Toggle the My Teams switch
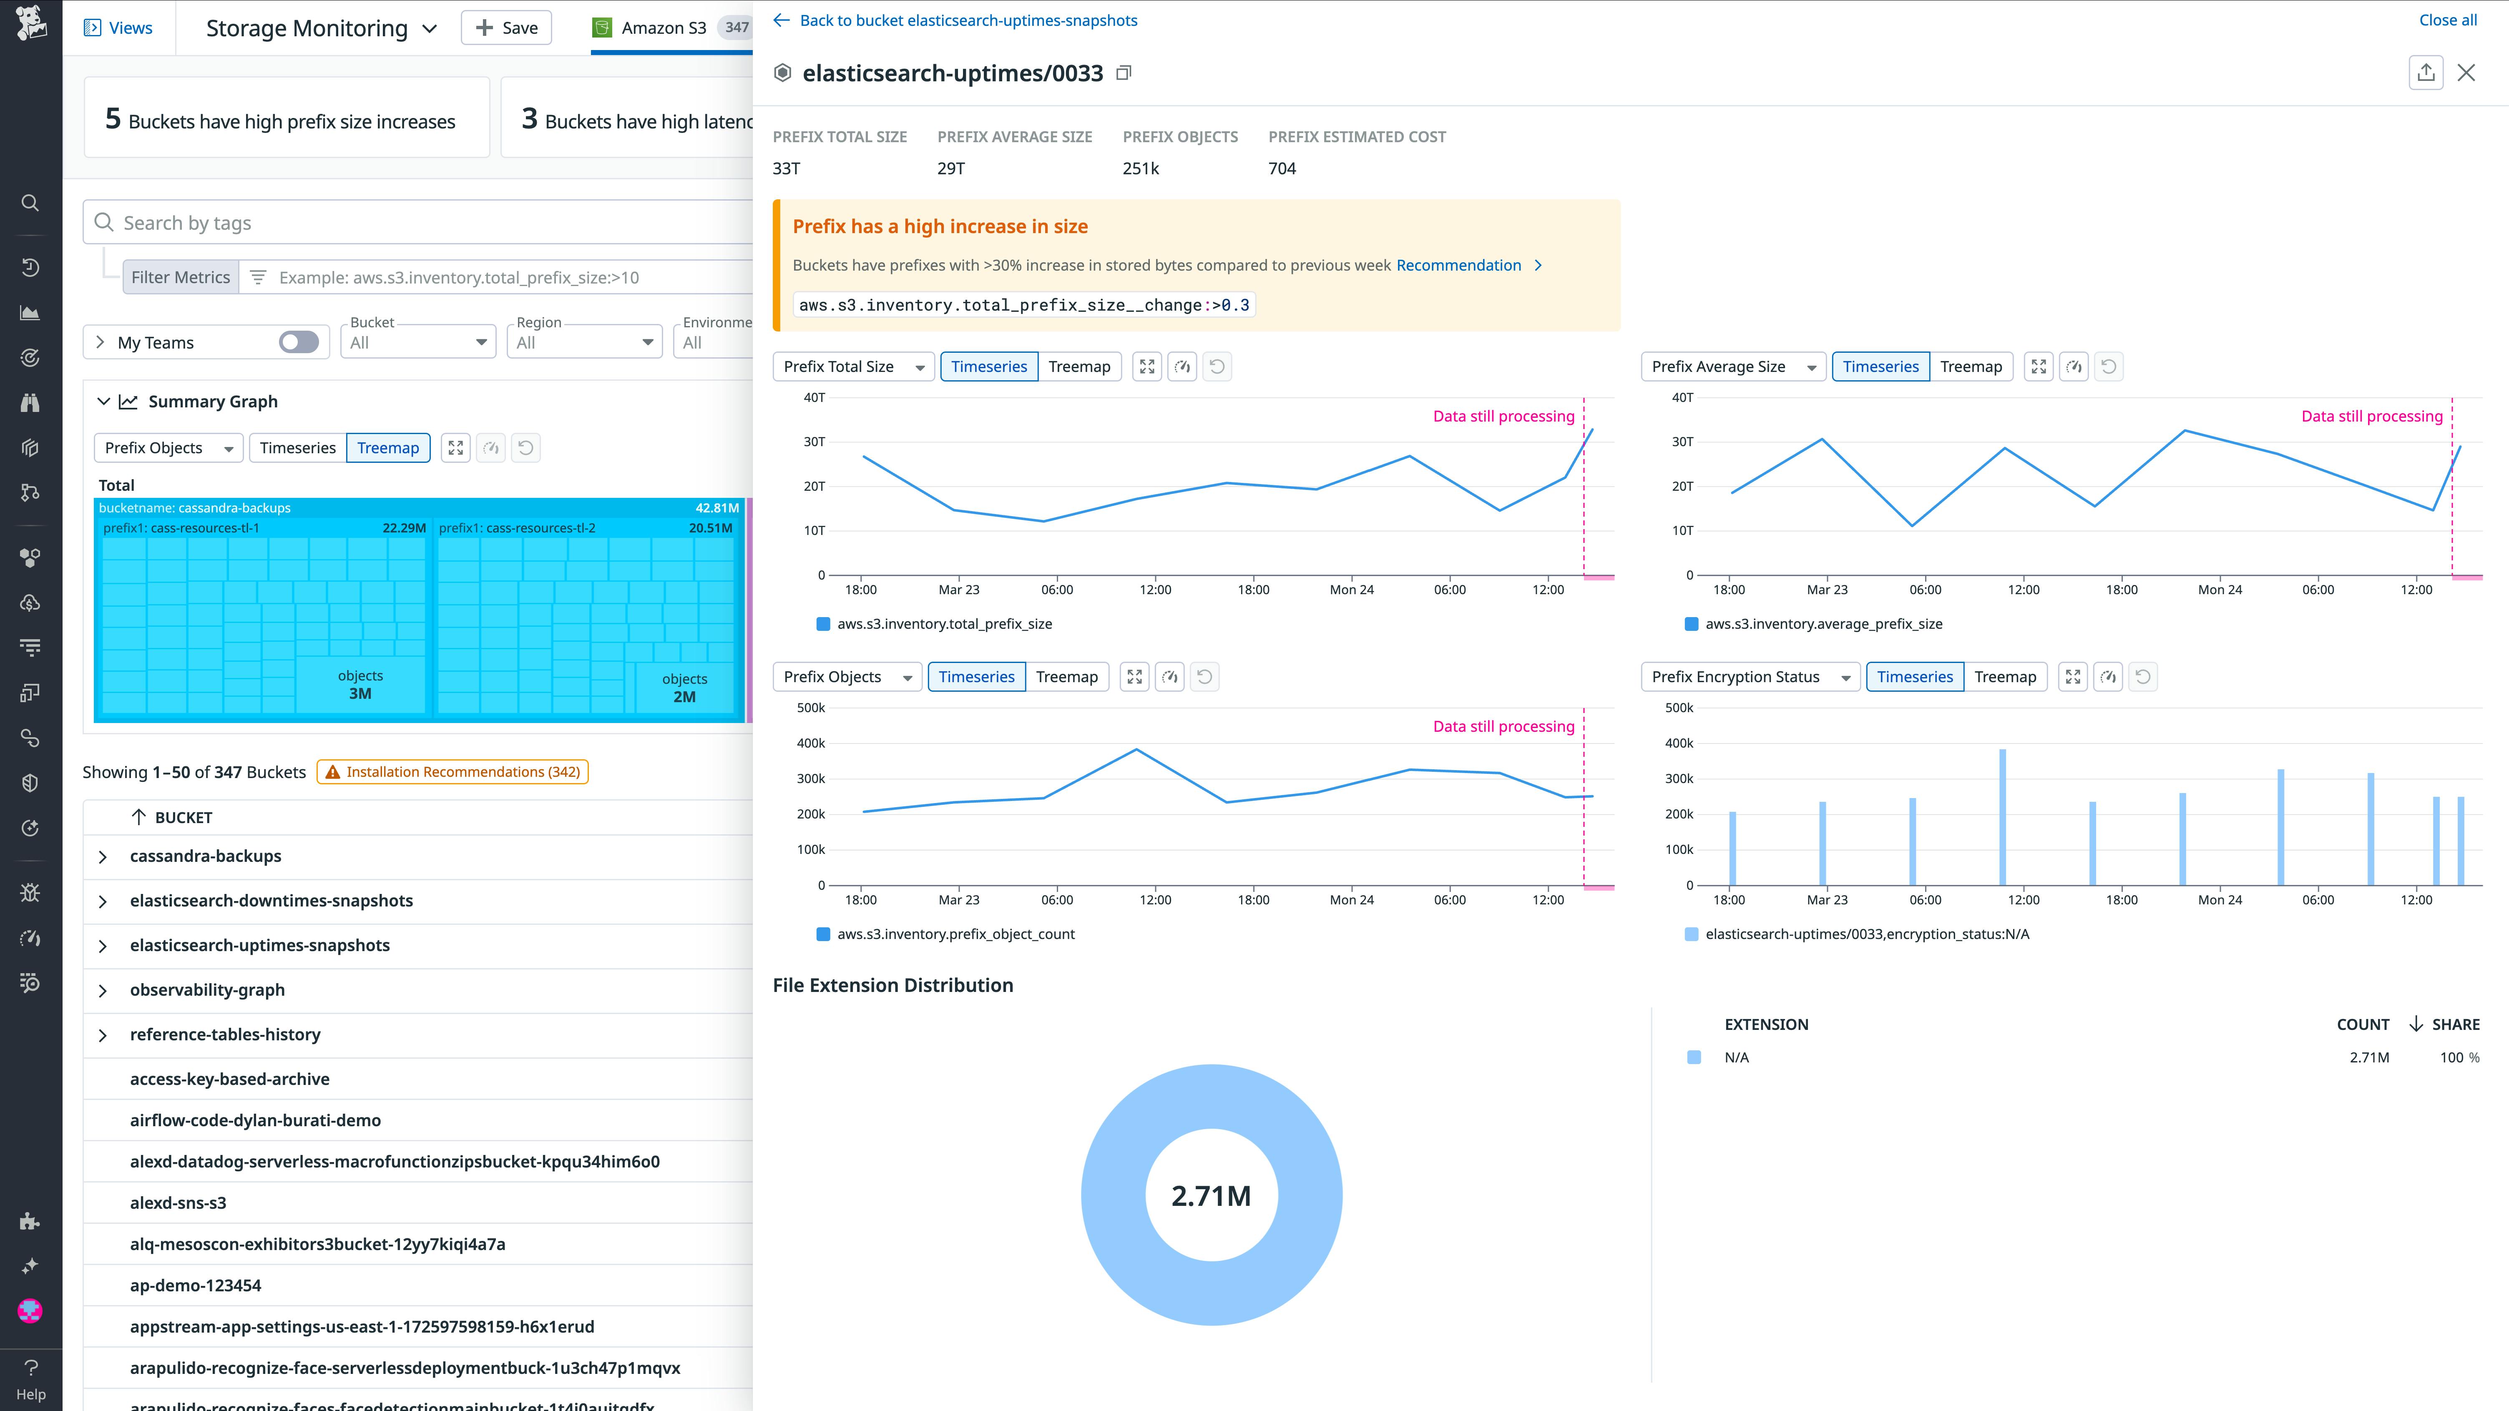[x=298, y=342]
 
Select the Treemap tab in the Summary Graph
[x=387, y=448]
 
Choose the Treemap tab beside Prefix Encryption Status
[x=2004, y=677]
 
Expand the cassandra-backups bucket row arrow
[x=102, y=857]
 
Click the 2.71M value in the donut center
[x=1211, y=1196]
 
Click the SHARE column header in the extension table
[x=2454, y=1024]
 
